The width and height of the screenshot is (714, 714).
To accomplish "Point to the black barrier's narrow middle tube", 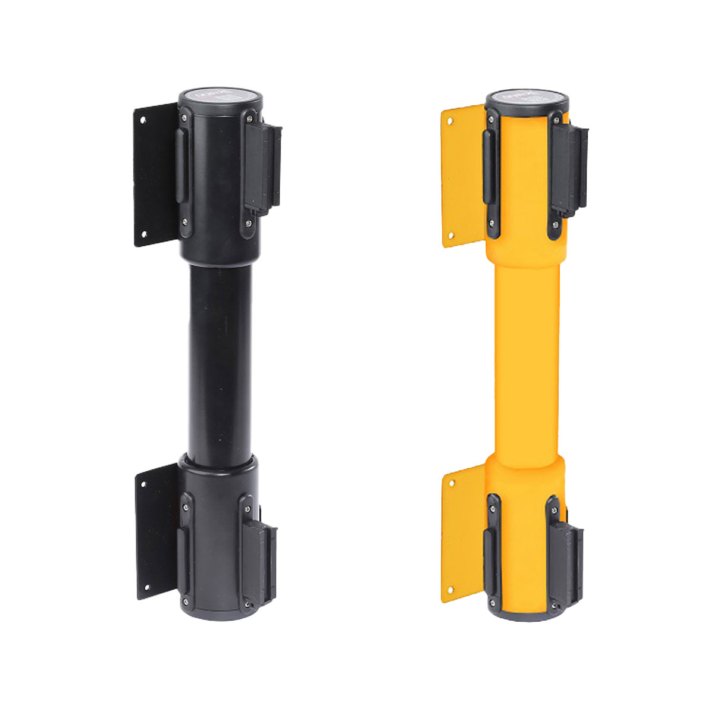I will pos(220,357).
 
